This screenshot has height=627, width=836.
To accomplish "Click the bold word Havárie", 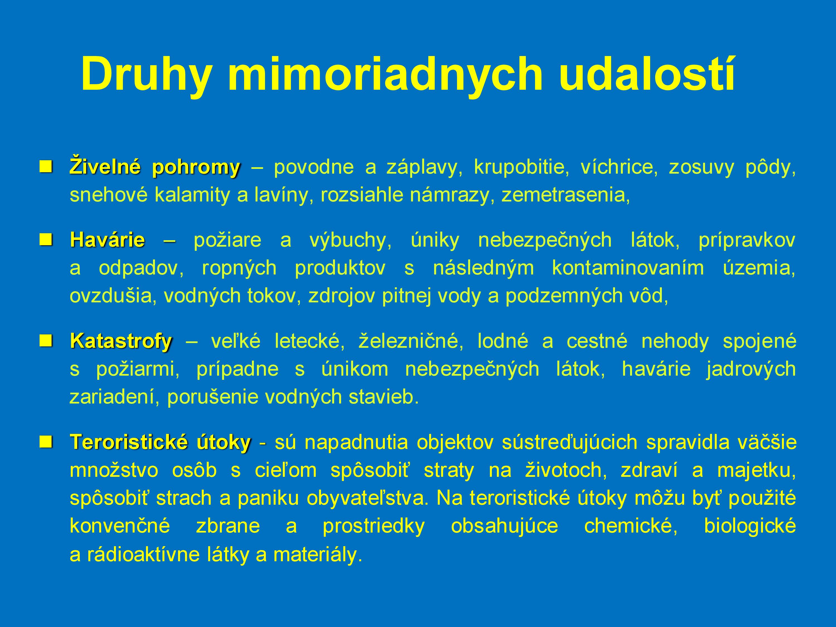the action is tap(107, 240).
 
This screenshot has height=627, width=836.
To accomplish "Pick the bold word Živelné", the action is tap(105, 166).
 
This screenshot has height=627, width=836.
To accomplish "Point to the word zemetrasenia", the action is tap(566, 195).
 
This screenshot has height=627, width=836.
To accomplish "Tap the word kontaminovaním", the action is tap(628, 268).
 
